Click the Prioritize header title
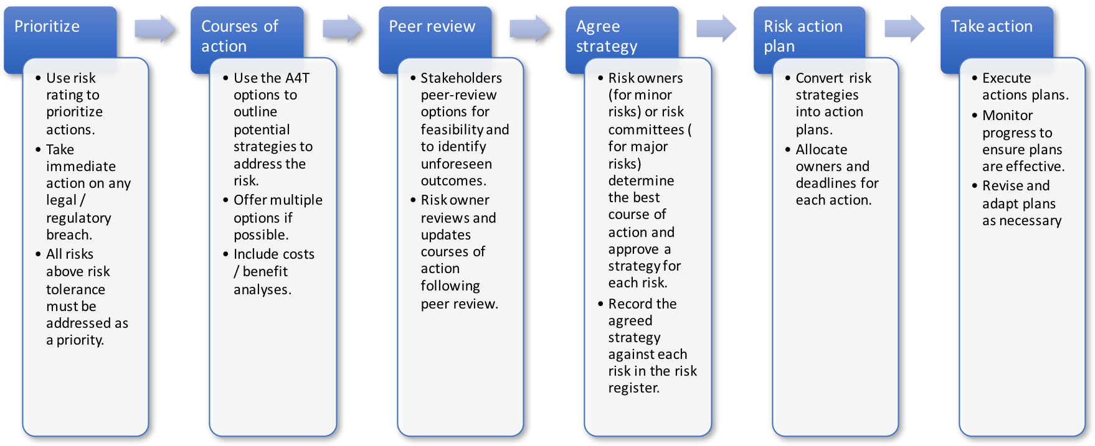tap(47, 27)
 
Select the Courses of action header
tap(240, 35)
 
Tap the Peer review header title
tap(432, 27)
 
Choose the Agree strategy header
tap(607, 35)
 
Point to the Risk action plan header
tap(803, 35)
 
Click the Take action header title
tap(992, 27)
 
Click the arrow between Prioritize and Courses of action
tap(154, 29)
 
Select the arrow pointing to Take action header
tap(904, 29)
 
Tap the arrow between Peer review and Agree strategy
tap(529, 29)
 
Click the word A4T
tap(296, 78)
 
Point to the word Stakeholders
tap(461, 78)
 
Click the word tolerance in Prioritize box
tap(75, 289)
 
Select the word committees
tap(646, 130)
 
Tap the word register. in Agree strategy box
tap(633, 388)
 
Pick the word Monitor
tap(1007, 116)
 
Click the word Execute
tap(1007, 78)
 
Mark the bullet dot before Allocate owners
tap(787, 149)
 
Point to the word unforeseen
tap(456, 164)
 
